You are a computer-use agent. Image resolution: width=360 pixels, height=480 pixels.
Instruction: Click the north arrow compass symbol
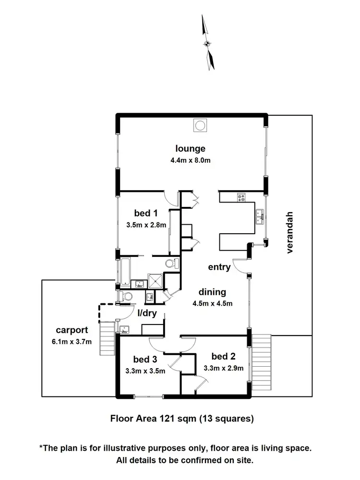pyautogui.click(x=207, y=43)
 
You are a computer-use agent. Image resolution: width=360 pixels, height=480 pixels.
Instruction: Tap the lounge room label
pyautogui.click(x=190, y=148)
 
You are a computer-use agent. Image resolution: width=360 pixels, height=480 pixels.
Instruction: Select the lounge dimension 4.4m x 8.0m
pyautogui.click(x=191, y=160)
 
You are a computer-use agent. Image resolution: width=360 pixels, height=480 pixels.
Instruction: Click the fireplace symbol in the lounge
pyautogui.click(x=200, y=125)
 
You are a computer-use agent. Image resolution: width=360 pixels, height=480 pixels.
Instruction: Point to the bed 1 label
pyautogui.click(x=146, y=213)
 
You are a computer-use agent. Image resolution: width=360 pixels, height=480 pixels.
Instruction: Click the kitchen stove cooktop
pyautogui.click(x=241, y=198)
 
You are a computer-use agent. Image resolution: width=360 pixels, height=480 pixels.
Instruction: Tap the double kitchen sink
pyautogui.click(x=260, y=217)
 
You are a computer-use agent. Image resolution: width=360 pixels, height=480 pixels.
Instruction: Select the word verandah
pyautogui.click(x=289, y=232)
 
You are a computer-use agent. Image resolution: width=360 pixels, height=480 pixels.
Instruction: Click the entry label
pyautogui.click(x=219, y=267)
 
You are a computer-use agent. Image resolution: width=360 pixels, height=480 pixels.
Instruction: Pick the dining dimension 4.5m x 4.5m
pyautogui.click(x=213, y=303)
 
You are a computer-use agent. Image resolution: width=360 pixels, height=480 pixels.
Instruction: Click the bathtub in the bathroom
pyautogui.click(x=125, y=272)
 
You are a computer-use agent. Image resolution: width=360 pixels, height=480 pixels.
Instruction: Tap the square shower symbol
pyautogui.click(x=156, y=281)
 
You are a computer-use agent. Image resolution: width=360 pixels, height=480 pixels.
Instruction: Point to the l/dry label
pyautogui.click(x=147, y=313)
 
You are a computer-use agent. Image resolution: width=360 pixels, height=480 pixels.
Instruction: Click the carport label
pyautogui.click(x=72, y=330)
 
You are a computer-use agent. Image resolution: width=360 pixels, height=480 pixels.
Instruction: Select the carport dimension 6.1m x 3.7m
pyautogui.click(x=72, y=342)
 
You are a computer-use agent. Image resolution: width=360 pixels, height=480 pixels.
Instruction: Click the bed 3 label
pyautogui.click(x=145, y=359)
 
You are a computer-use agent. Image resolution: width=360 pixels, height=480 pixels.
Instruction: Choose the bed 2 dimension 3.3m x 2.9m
pyautogui.click(x=224, y=368)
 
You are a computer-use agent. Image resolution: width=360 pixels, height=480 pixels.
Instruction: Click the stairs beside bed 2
pyautogui.click(x=262, y=362)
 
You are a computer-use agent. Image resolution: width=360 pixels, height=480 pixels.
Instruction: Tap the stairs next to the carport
pyautogui.click(x=108, y=338)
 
